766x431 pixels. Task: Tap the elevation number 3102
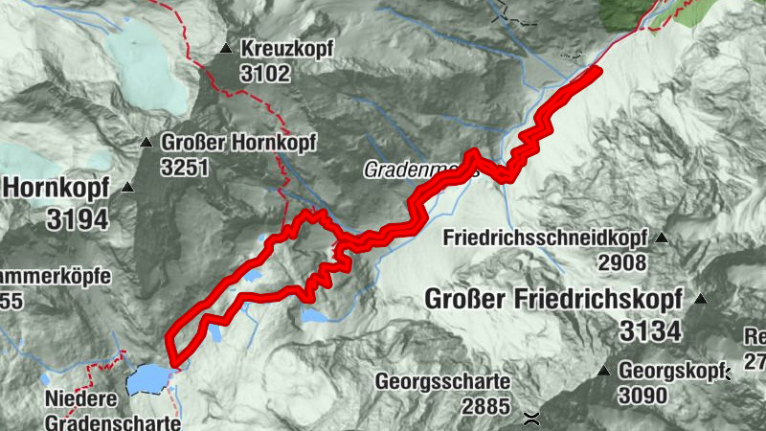click(265, 73)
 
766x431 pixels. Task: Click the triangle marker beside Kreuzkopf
click(226, 48)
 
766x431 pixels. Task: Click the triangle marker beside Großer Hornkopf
click(146, 143)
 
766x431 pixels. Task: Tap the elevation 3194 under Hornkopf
click(78, 219)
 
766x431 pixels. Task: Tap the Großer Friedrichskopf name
click(553, 299)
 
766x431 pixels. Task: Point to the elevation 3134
click(649, 331)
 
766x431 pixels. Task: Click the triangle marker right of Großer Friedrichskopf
click(701, 300)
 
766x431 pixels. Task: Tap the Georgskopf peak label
click(667, 369)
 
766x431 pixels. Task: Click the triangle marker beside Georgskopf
click(604, 370)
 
